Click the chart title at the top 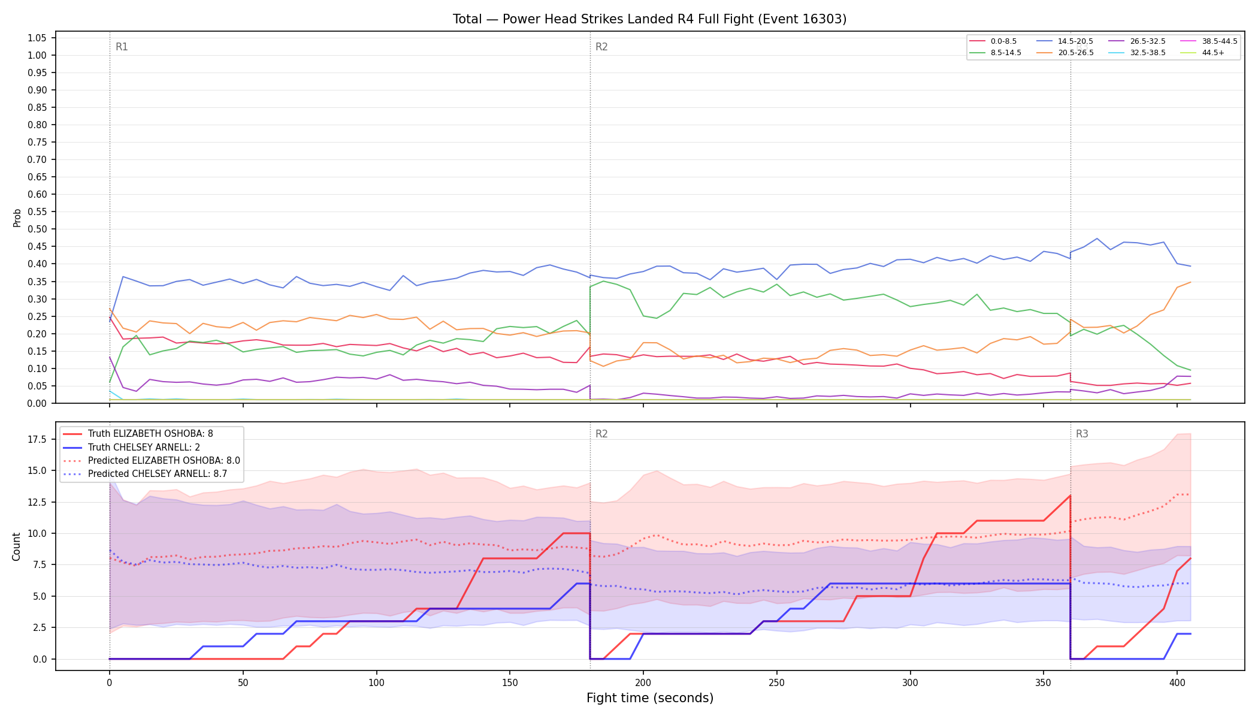pos(649,19)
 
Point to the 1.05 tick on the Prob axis pos(37,38)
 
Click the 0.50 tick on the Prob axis pos(37,229)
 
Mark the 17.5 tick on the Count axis pos(37,440)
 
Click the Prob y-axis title pos(17,217)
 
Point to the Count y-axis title pos(16,546)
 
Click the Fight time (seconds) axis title pos(650,698)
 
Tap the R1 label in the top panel pos(122,47)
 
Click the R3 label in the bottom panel pos(1082,434)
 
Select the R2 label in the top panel pos(601,47)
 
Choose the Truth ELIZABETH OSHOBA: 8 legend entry pos(150,434)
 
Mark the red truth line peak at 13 pos(1070,496)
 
